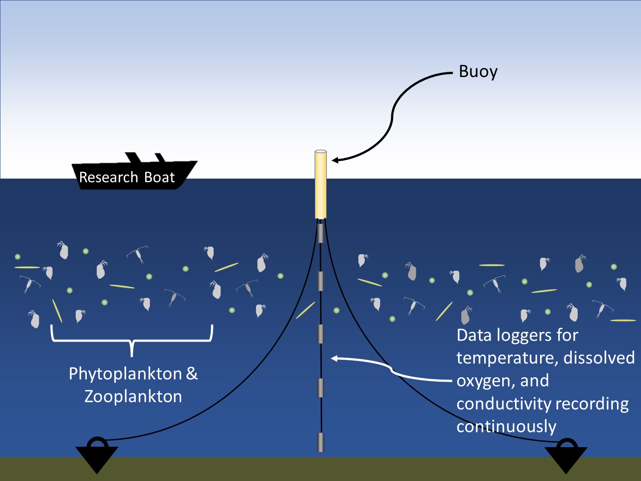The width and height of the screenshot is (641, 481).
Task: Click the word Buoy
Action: coord(478,72)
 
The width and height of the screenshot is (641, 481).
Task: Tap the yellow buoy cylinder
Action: coord(320,187)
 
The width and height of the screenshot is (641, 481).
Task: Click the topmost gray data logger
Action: coord(320,233)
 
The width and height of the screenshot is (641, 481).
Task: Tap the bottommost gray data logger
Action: coord(320,442)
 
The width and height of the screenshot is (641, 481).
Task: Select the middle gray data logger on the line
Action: coord(320,334)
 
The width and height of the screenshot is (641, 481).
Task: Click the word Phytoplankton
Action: coord(125,374)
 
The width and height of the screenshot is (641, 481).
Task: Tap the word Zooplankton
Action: coord(133,396)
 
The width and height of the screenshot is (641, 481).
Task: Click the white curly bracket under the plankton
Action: coord(132,341)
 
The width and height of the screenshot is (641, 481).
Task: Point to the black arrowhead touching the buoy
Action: coord(335,160)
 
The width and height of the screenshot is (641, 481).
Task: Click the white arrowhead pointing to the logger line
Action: coord(334,358)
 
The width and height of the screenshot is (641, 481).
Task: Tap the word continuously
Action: coord(506,427)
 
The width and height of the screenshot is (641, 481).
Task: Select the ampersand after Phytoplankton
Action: coord(192,374)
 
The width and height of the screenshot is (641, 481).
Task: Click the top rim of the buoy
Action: coord(320,152)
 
